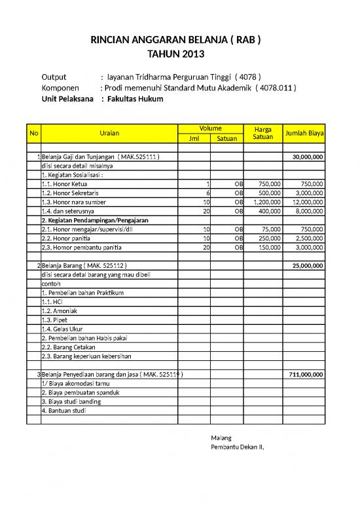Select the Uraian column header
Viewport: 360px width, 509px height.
109,134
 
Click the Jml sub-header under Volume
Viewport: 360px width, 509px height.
194,138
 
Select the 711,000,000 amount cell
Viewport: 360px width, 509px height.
304,374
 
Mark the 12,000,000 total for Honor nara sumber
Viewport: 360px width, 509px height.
305,202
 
